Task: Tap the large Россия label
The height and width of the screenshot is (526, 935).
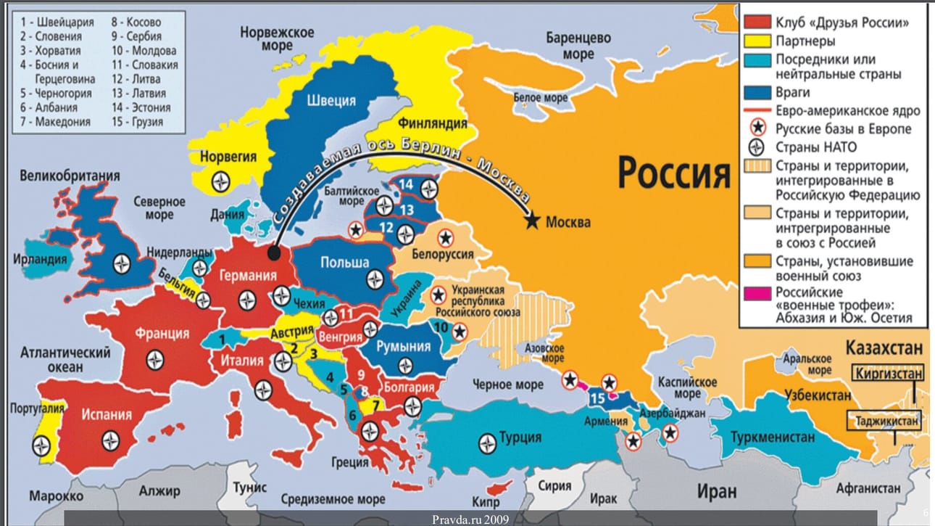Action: click(x=673, y=173)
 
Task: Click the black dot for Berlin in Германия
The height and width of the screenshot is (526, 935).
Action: click(x=274, y=254)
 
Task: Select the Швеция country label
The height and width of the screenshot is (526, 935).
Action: click(x=331, y=101)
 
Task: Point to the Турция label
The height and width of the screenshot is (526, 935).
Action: click(x=520, y=437)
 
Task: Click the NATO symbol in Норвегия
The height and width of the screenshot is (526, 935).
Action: click(x=220, y=181)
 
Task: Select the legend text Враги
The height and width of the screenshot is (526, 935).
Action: click(x=793, y=93)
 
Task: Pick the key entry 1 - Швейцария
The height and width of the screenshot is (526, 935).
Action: click(x=57, y=22)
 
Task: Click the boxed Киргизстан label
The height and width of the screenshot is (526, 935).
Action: click(x=888, y=374)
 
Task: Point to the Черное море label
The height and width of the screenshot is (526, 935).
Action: click(x=507, y=385)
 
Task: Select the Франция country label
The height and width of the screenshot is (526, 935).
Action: click(x=161, y=334)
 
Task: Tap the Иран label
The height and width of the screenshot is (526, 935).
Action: click(x=716, y=491)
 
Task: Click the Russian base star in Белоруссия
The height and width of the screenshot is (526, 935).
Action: click(x=444, y=237)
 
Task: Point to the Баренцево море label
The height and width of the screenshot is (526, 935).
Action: click(x=578, y=46)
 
